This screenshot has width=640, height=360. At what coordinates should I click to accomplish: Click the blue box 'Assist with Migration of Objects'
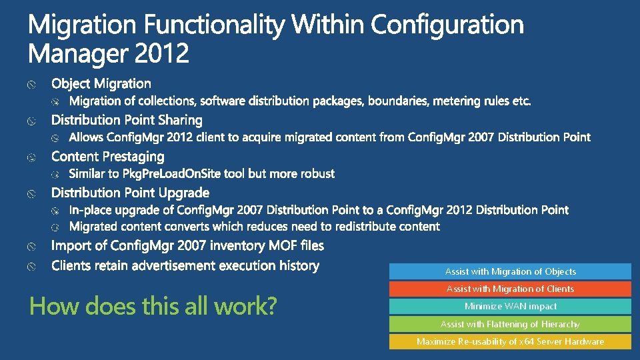(510, 271)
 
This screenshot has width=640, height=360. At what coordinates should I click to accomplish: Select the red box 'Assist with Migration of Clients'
(510, 289)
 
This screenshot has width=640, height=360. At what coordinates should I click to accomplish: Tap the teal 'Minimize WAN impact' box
(510, 307)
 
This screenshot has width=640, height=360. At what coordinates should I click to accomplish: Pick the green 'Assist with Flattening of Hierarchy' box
(510, 324)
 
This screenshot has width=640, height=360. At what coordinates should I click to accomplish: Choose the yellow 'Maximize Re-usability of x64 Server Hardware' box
(510, 341)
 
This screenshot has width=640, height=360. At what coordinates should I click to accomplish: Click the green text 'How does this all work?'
(153, 307)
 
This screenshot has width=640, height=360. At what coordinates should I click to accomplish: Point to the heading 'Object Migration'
(101, 83)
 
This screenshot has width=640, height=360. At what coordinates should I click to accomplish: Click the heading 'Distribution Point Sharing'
(127, 120)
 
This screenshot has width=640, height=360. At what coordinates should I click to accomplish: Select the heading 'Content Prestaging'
(107, 157)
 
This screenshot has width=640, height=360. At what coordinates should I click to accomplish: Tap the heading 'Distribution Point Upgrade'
(130, 193)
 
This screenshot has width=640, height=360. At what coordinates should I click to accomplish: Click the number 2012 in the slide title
(162, 53)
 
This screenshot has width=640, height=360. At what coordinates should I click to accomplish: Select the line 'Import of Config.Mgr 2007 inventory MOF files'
(187, 246)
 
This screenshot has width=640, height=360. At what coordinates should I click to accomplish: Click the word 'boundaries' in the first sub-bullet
(397, 101)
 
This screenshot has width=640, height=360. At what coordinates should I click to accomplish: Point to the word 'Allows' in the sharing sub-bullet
(87, 137)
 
